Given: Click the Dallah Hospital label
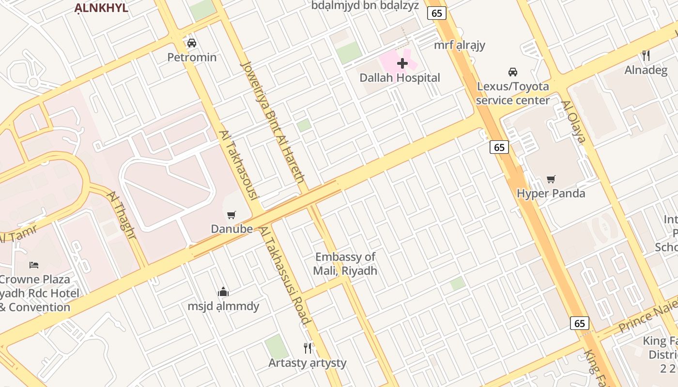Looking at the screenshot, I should (x=400, y=78).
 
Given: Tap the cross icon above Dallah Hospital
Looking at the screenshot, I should (x=402, y=63).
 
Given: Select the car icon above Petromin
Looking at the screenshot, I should (x=192, y=43).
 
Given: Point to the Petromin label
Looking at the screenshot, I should (x=192, y=58).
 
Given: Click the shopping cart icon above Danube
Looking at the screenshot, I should (x=231, y=215).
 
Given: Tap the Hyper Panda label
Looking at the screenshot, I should (x=551, y=193).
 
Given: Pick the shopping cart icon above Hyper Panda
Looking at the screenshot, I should (x=551, y=179).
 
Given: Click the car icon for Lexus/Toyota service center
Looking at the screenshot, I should (x=513, y=72).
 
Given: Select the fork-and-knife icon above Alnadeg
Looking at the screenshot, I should (x=646, y=56).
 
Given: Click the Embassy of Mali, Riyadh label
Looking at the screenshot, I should (x=345, y=264).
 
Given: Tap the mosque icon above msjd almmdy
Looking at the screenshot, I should (x=223, y=292).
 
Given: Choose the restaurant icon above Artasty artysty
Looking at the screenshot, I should (x=308, y=348).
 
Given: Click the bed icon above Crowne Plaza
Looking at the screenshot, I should (x=34, y=265).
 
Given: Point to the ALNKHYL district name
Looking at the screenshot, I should (x=101, y=8).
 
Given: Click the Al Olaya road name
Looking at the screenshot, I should (x=573, y=122).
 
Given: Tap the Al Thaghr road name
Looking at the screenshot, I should (x=122, y=215).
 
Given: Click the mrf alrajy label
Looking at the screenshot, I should (x=459, y=45).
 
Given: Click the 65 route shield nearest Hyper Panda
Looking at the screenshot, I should (x=499, y=147).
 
